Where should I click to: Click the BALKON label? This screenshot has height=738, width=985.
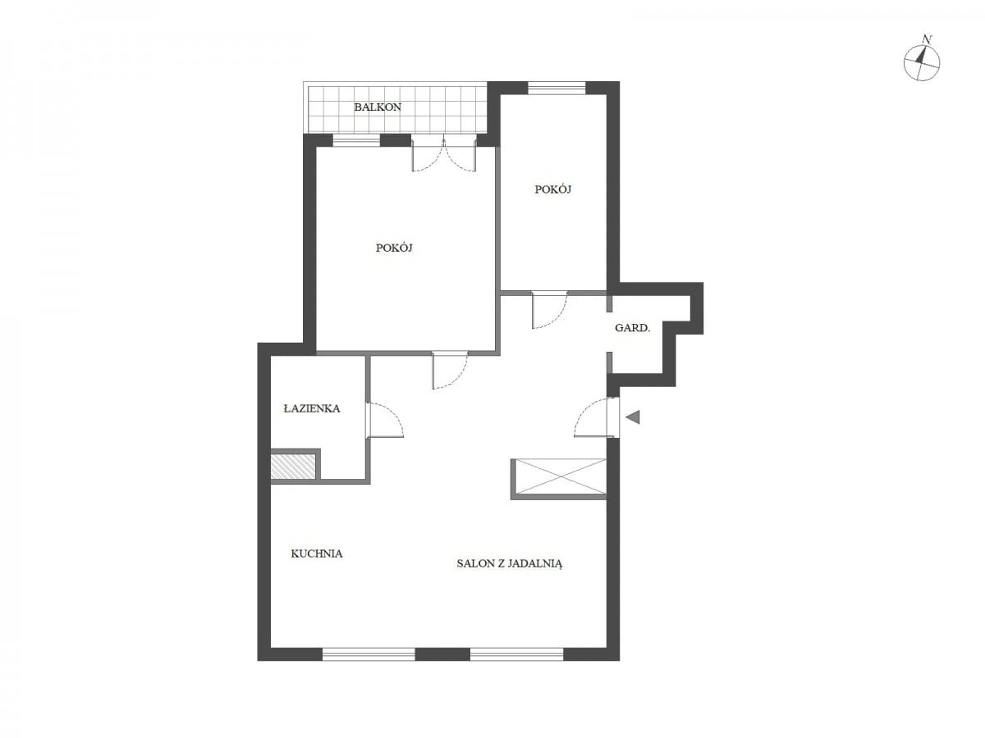(378, 107)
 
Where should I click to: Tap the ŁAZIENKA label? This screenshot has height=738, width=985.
(312, 408)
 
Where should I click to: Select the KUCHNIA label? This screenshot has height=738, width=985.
(316, 553)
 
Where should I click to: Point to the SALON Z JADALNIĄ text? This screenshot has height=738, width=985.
(510, 564)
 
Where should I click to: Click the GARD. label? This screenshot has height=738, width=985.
(632, 328)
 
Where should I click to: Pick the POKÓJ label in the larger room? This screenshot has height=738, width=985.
(394, 248)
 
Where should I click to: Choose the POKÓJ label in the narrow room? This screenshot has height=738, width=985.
(553, 189)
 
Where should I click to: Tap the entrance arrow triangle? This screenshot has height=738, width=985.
(633, 417)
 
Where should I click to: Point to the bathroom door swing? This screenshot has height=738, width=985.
(385, 419)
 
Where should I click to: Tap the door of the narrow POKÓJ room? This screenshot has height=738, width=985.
(549, 310)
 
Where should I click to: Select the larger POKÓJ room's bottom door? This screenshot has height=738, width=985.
(450, 370)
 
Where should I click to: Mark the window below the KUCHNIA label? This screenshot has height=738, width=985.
(369, 654)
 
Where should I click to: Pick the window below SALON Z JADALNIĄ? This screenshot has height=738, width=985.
(516, 654)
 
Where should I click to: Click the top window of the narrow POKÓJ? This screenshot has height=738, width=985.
(557, 89)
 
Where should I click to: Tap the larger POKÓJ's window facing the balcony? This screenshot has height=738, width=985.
(356, 141)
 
